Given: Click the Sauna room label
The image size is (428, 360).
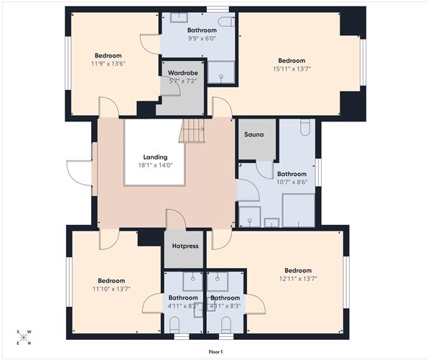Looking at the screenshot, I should [253, 135].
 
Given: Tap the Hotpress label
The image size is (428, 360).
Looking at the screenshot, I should [185, 245].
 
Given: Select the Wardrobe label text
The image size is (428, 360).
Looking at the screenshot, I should [182, 73].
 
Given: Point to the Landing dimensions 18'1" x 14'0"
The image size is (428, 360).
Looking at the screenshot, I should [155, 165].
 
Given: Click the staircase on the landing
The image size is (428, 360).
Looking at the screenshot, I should [192, 131].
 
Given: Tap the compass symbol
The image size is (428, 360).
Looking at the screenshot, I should [24, 337].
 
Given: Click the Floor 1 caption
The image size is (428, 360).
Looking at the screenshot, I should [215, 352].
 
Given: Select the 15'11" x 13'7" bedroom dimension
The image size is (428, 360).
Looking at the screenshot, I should [292, 69].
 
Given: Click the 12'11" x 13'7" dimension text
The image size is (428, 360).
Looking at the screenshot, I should [297, 279].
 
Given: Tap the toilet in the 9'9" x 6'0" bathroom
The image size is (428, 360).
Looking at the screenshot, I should [225, 22].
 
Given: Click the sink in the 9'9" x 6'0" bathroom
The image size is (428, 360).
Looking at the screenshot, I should [179, 17].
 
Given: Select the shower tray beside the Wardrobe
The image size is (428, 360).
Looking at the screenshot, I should [220, 73].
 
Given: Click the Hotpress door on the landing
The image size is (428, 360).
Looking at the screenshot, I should [175, 220].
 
